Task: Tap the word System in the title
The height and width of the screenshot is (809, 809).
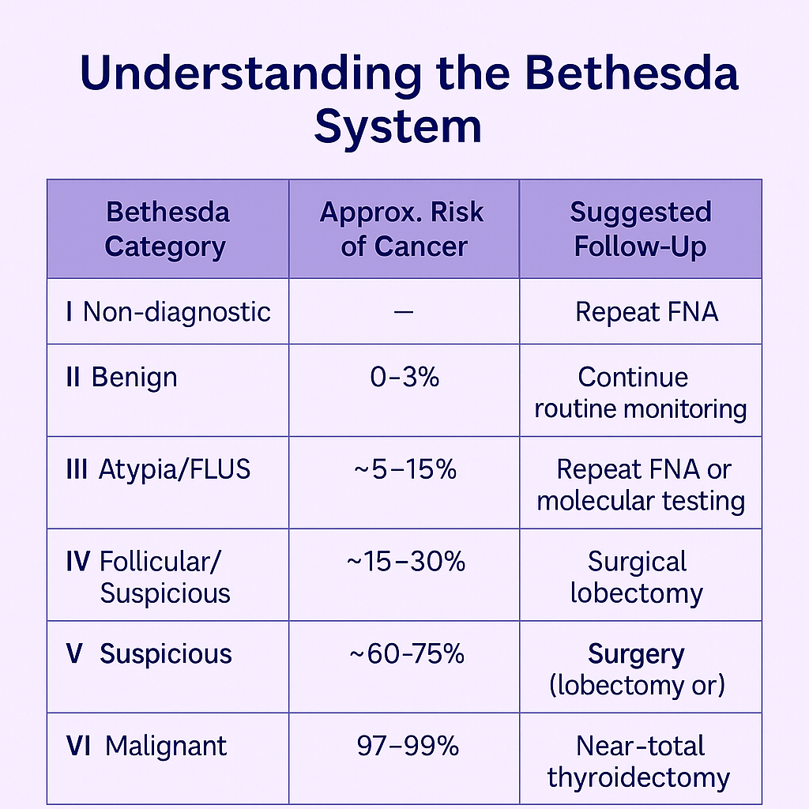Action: [397, 126]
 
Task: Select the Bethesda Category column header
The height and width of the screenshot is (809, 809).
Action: [167, 229]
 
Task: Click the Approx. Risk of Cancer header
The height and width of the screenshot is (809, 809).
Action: [403, 229]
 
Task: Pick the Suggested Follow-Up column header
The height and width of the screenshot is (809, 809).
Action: [640, 229]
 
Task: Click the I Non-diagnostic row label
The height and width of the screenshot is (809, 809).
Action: [168, 311]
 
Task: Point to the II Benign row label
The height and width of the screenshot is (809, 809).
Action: [122, 377]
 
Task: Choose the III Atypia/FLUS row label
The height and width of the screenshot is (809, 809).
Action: [158, 469]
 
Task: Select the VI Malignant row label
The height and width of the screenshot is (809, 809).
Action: [147, 746]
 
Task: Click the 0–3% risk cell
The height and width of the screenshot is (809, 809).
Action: [404, 377]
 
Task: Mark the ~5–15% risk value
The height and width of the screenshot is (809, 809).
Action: [404, 469]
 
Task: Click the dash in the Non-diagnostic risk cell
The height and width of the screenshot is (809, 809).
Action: [403, 312]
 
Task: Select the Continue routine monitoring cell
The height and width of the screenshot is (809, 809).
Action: [640, 393]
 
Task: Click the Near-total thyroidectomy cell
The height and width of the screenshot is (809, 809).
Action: [639, 762]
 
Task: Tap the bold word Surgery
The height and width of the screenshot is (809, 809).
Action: [636, 654]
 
